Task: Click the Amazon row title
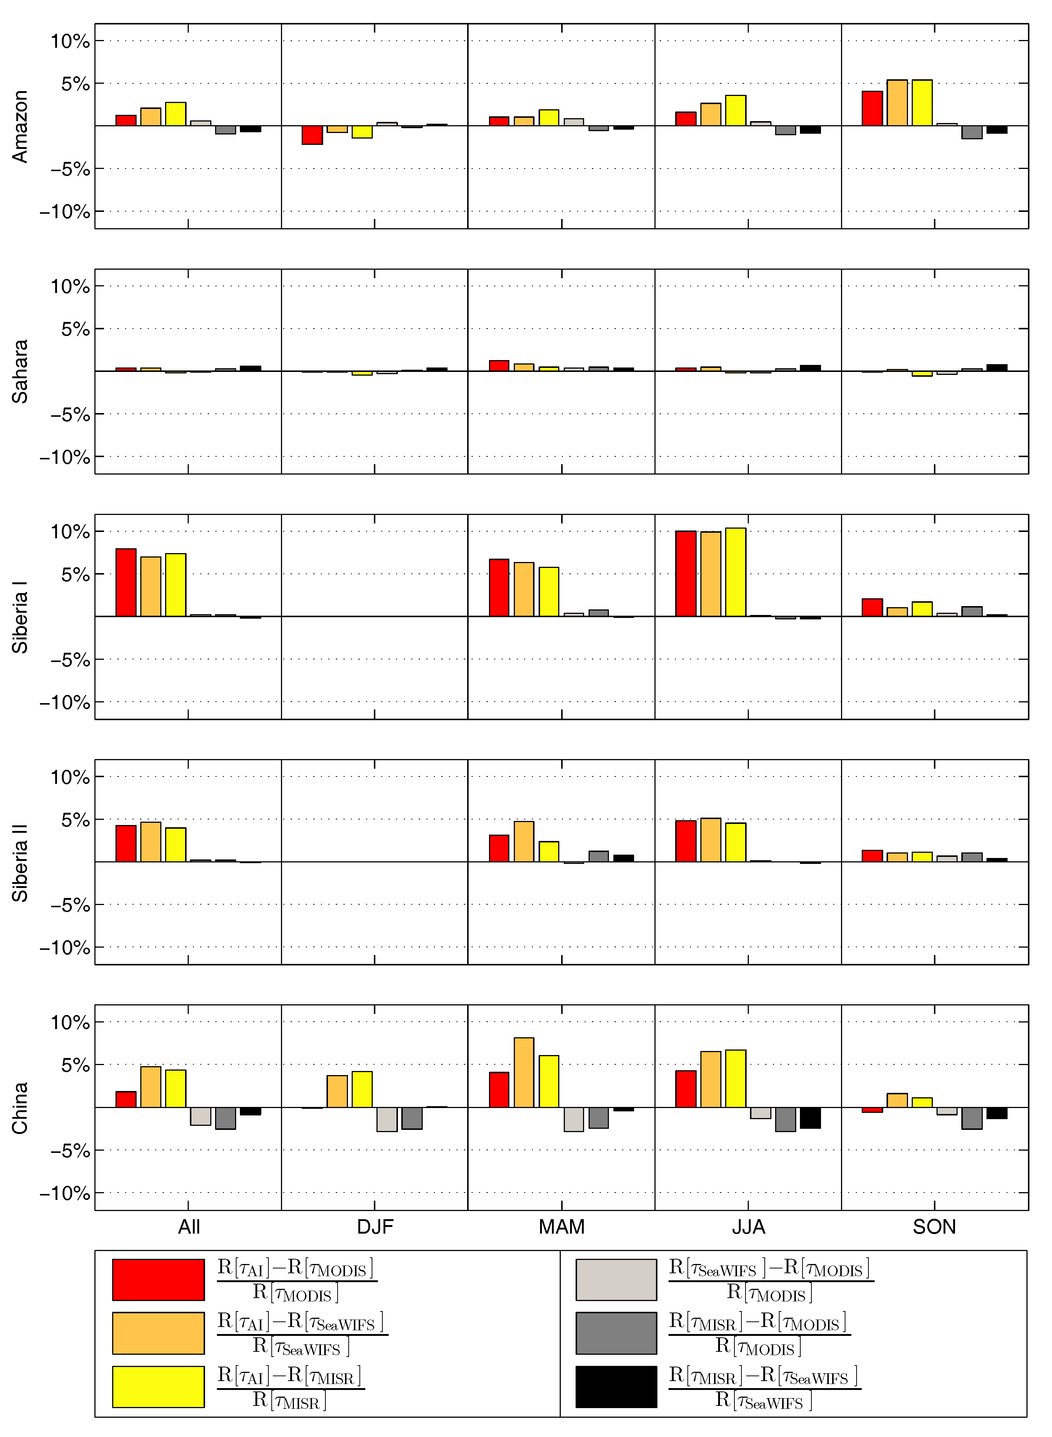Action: tap(20, 126)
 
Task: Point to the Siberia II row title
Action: tap(20, 862)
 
